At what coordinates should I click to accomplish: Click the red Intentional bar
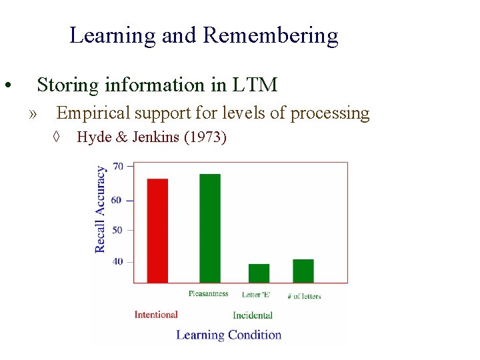tap(157, 231)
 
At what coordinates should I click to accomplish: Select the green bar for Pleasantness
tap(209, 228)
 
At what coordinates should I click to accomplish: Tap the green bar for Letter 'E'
tap(259, 273)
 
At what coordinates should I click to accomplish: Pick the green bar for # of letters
tap(303, 271)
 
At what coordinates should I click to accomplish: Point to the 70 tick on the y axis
tap(118, 166)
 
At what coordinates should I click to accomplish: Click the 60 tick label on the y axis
tap(118, 200)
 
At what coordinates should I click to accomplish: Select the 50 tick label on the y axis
tap(118, 230)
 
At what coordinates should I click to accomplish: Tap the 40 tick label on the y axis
tap(118, 261)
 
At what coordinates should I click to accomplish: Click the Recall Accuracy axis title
tap(101, 209)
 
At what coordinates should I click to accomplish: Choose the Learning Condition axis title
tap(229, 335)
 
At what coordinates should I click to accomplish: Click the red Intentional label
tap(156, 315)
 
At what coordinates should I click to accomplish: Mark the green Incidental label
tap(253, 315)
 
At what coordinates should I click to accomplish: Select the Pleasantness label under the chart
tap(208, 294)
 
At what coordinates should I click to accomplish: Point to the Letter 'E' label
tap(256, 295)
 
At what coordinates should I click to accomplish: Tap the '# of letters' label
tap(304, 295)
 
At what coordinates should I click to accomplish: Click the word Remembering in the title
tap(270, 35)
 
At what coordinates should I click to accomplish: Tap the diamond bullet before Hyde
tap(57, 138)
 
